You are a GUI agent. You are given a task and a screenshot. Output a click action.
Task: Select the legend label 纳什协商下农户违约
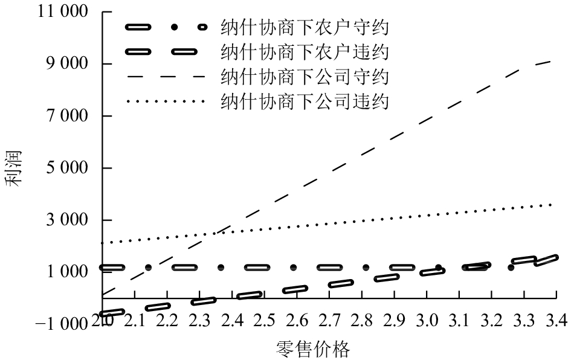click(305, 53)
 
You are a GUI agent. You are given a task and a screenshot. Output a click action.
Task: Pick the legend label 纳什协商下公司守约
click(305, 77)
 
